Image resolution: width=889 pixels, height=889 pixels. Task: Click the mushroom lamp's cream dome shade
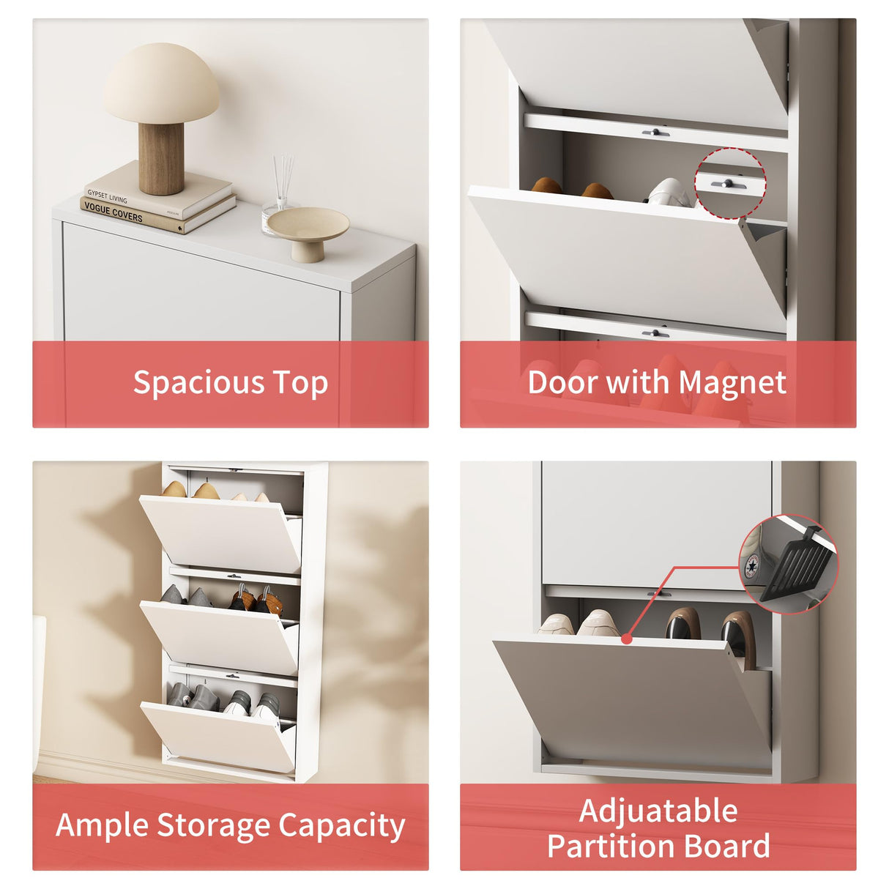pos(160,83)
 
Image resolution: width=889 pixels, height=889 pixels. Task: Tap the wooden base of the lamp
pos(161,158)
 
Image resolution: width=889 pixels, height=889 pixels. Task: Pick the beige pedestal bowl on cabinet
pos(308,229)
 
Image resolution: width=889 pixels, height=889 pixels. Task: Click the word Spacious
pos(198,383)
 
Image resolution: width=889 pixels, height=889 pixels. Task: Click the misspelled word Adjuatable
pos(658,811)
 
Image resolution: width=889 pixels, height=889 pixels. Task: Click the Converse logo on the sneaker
pos(751,566)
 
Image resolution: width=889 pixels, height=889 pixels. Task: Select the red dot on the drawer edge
pos(626,639)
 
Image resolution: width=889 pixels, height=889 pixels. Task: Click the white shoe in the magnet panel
pos(668,194)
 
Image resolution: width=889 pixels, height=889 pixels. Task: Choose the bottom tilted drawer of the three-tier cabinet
pos(217,735)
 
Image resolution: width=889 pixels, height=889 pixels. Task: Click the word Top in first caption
pos(300,383)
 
